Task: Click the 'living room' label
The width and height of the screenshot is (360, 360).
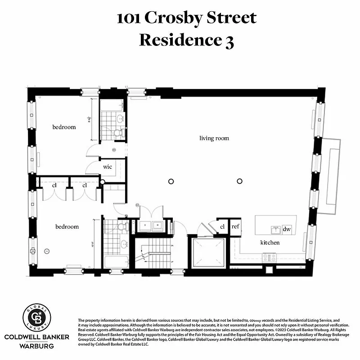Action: pyautogui.click(x=214, y=138)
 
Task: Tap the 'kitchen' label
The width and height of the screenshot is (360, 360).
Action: pyautogui.click(x=270, y=243)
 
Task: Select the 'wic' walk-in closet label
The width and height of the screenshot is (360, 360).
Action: pyautogui.click(x=108, y=166)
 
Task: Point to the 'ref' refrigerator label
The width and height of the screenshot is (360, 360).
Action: pyautogui.click(x=235, y=226)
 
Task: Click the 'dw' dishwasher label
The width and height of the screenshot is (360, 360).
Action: pyautogui.click(x=287, y=229)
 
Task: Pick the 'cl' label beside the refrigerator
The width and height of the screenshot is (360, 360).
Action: pyautogui.click(x=222, y=226)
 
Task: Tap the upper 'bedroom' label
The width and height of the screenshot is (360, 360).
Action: pyautogui.click(x=64, y=127)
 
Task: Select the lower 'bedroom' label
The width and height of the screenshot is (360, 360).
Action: pyautogui.click(x=67, y=226)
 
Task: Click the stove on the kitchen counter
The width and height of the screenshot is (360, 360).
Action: pyautogui.click(x=269, y=257)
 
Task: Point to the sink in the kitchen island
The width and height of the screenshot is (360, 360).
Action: pyautogui.click(x=275, y=229)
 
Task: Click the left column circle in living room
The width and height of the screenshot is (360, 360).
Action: pyautogui.click(x=171, y=181)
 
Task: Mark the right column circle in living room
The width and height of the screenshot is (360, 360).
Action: pyautogui.click(x=239, y=181)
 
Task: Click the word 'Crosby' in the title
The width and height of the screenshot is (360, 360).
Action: pyautogui.click(x=182, y=18)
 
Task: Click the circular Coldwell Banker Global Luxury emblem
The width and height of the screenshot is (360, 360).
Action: pyautogui.click(x=36, y=317)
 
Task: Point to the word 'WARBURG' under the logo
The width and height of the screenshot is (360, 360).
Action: pyautogui.click(x=36, y=346)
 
